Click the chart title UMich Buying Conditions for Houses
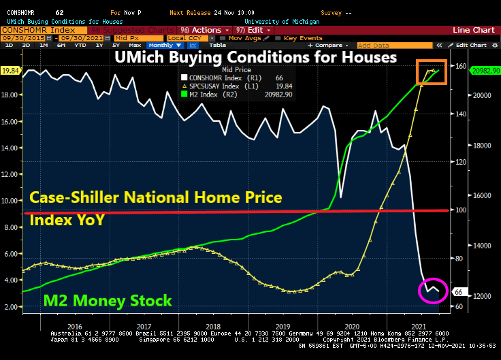point(255,57)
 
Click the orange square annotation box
point(432,72)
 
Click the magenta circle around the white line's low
point(433,291)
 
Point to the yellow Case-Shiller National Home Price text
point(155,197)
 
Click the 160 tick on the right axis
point(460,67)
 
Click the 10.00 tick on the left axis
point(10,201)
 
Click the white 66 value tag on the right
point(458,292)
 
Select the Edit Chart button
point(471,45)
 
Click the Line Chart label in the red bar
point(474,31)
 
